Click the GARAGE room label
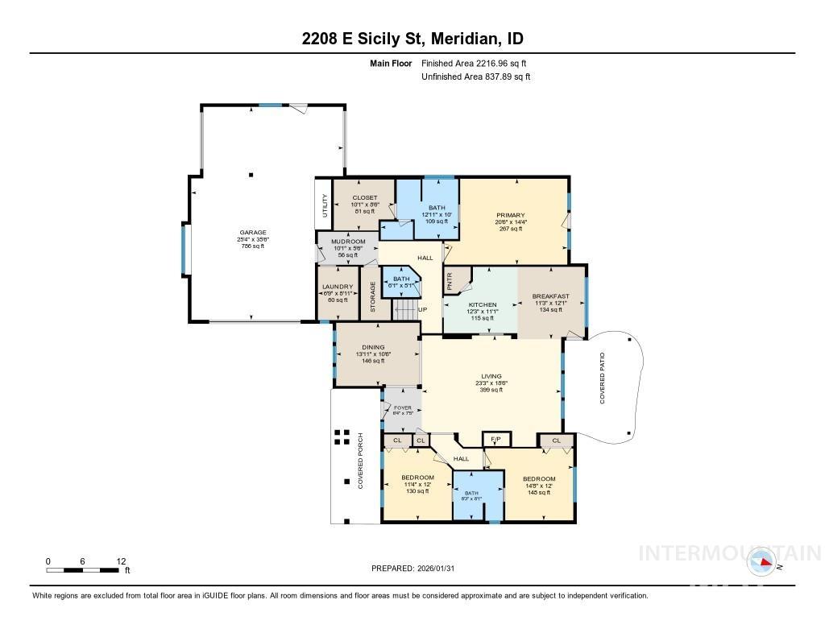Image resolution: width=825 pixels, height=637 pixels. [x=252, y=233]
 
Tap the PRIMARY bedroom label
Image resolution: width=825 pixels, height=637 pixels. [x=510, y=215]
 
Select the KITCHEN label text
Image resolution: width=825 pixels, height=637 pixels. [x=483, y=304]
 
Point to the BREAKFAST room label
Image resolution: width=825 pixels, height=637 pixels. [x=550, y=296]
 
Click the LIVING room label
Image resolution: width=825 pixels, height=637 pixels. [x=491, y=376]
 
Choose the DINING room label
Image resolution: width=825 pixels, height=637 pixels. [x=372, y=347]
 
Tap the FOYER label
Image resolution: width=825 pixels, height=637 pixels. [x=402, y=408]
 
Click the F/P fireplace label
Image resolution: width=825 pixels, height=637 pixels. [x=495, y=440]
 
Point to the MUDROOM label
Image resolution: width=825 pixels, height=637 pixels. [x=349, y=242]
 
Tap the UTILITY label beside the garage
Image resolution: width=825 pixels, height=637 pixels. [x=325, y=206]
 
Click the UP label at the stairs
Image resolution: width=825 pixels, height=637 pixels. [x=422, y=309]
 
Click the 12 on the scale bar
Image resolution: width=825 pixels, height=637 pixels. [x=121, y=561]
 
